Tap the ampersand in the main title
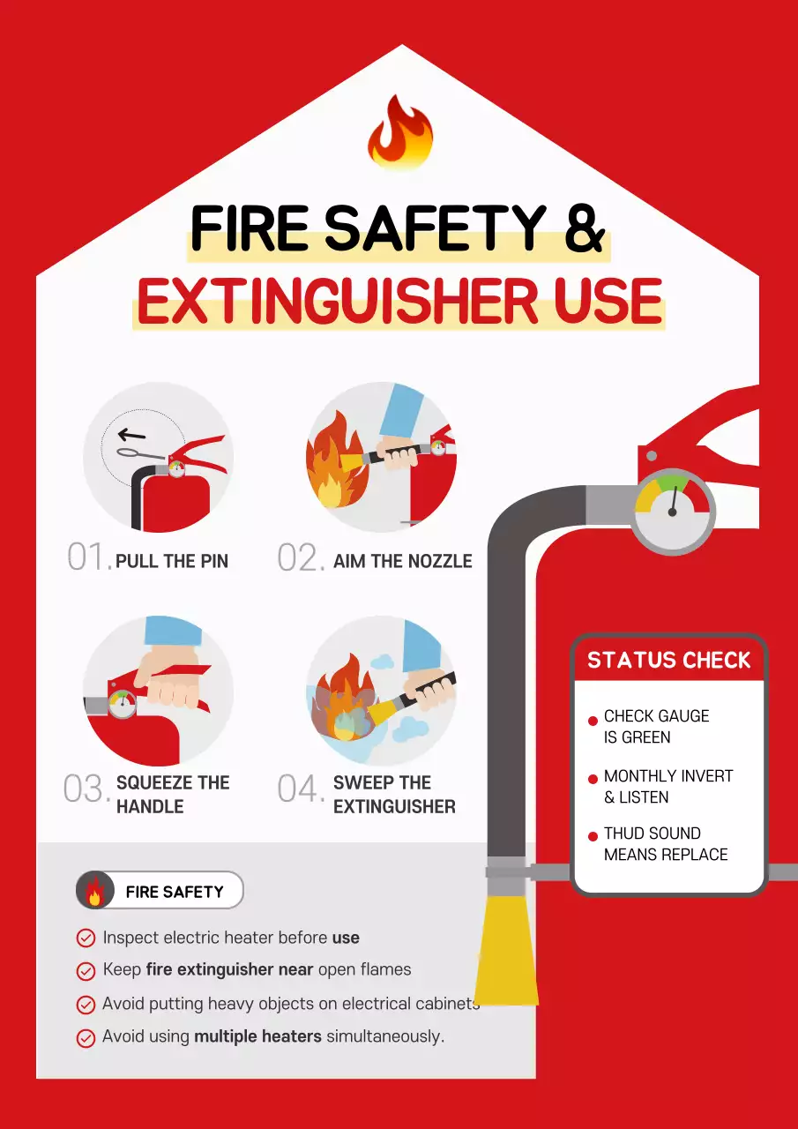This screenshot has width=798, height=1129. coord(584,227)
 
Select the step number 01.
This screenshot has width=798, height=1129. coord(88,558)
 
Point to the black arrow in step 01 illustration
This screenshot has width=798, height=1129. coord(132,434)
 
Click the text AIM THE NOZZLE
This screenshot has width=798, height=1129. coord(402,561)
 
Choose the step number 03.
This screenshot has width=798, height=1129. coord(86,789)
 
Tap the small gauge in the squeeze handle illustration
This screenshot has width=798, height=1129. coord(123,705)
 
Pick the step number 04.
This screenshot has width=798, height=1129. coord(301,789)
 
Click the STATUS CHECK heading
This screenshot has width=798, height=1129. coord(668,661)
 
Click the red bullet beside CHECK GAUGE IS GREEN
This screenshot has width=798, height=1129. coord(593,722)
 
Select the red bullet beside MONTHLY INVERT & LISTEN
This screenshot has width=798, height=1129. coord(593,781)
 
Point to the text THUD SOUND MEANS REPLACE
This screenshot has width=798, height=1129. coord(666,844)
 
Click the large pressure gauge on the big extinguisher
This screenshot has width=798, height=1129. coord(672,511)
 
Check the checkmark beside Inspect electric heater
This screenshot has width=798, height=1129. coord(86,938)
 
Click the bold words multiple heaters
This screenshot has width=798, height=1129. coord(257,1036)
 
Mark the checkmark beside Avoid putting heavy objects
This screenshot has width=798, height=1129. coord(86,1005)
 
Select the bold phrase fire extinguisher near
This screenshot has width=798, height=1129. coord(229,970)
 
